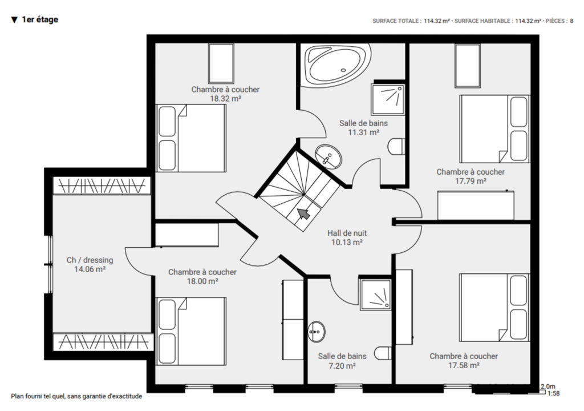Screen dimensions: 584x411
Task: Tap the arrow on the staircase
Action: pos(303,214)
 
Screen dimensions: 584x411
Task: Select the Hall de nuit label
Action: pos(347,233)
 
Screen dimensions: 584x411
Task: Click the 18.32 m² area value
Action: pos(225,99)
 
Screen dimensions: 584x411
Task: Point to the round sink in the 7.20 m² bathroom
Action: pos(317,332)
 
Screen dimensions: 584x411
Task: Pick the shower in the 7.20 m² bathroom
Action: pos(375,295)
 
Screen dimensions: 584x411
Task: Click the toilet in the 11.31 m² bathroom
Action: pos(396,147)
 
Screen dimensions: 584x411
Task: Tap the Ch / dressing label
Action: pos(90,260)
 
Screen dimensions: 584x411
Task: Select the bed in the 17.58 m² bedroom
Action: pos(494,308)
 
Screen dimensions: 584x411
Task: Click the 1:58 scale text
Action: pos(553,393)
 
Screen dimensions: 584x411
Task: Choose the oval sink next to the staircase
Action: pos(328,157)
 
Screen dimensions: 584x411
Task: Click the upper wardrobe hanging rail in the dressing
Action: pos(102,186)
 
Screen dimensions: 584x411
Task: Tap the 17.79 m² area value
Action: pos(471,182)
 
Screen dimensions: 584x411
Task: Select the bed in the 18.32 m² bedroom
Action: pos(191,138)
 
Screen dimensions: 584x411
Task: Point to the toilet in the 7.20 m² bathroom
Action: pos(383,353)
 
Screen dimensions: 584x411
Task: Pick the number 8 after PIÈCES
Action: pos(571,21)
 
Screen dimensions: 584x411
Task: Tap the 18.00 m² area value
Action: pos(202,281)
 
